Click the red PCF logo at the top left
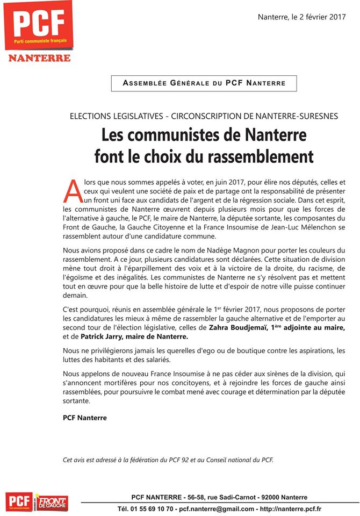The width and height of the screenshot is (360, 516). click(x=38, y=26)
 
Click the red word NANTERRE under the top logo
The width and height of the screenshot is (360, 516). click(x=39, y=58)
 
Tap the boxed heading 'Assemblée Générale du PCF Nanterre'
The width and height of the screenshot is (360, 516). click(x=204, y=83)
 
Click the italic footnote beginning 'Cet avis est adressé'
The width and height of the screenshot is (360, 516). click(x=168, y=459)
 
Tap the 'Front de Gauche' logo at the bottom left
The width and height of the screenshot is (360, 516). click(x=52, y=502)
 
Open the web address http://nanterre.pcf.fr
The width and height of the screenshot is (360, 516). click(x=295, y=508)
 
